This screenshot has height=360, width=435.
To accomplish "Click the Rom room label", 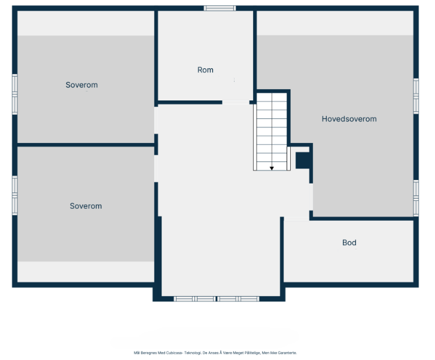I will [205, 70].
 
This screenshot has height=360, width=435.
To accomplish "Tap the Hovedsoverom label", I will [349, 119].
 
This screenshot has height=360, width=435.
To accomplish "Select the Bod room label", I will [349, 242].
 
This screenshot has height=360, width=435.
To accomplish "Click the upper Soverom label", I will [81, 85].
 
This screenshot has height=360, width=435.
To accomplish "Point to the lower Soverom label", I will [86, 206].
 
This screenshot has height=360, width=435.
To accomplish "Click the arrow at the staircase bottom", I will [272, 168].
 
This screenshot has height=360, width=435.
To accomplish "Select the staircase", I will [272, 132].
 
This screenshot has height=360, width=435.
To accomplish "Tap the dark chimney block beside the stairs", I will [303, 160].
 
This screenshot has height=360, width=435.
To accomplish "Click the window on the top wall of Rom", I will [220, 8].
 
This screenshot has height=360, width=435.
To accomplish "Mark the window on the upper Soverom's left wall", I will [15, 93].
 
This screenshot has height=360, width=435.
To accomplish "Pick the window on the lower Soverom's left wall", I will [15, 194].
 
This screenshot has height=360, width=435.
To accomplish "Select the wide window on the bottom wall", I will [216, 298].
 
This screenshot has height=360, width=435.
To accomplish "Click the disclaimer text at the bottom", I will [215, 353].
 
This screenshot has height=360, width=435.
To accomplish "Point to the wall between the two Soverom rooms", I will [86, 145].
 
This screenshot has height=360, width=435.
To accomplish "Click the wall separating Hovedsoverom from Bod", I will [363, 218].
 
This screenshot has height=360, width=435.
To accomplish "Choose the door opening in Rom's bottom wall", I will [236, 102].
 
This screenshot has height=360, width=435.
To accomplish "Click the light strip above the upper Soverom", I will [86, 23].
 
